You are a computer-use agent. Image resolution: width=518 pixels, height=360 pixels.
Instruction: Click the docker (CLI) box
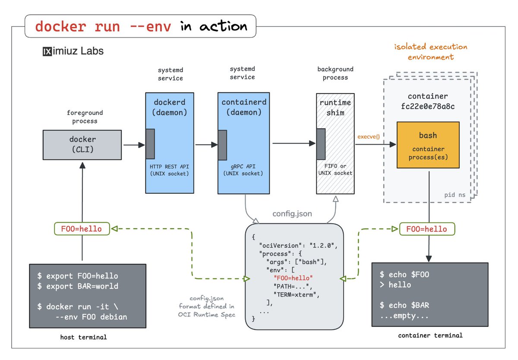[83, 145]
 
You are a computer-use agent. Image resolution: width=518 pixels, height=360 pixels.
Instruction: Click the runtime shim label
[335, 107]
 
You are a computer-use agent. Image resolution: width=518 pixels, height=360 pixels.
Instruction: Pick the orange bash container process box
[428, 145]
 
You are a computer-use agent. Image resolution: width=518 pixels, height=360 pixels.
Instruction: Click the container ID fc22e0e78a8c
[428, 106]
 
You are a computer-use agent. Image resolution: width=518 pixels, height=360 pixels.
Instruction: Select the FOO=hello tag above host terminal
[82, 229]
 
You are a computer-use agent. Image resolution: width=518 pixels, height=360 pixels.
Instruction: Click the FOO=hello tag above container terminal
[427, 229]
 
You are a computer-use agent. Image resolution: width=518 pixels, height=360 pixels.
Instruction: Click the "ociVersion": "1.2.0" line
[297, 245]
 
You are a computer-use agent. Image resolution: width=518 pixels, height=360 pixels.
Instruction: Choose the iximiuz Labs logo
[73, 51]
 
